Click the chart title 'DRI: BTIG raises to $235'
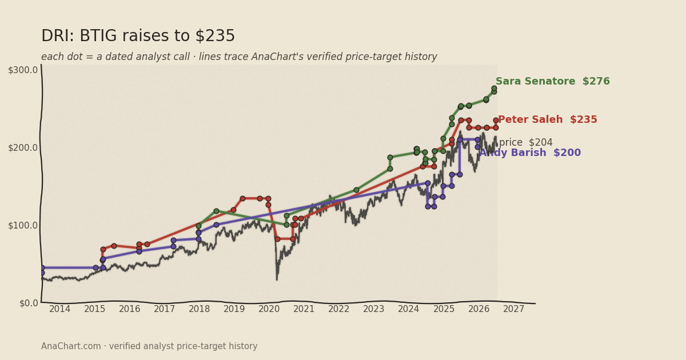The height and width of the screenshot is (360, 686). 138,36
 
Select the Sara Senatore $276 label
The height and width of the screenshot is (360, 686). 553,81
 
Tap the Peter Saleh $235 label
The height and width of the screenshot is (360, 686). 548,119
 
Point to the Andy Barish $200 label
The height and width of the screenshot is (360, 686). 530,153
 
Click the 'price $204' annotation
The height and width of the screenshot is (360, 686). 526,142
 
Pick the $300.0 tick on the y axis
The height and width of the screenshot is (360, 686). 23,70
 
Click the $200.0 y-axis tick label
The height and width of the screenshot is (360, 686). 23,148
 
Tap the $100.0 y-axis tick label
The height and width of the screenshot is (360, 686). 23,226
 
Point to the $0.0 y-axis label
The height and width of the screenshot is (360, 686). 29,303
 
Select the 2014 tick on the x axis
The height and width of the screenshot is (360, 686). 59,309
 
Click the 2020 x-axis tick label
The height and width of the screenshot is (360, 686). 269,309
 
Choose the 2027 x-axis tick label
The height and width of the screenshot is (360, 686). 513,309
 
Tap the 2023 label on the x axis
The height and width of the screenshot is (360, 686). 374,309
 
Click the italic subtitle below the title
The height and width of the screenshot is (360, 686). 239,57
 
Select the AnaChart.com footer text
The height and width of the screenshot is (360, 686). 149,346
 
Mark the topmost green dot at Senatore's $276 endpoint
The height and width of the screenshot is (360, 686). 494,89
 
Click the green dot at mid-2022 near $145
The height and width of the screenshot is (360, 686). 356,190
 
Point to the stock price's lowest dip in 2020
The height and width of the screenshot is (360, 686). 277,279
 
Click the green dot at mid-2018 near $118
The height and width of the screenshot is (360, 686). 216,211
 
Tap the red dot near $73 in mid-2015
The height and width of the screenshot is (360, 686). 114,246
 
